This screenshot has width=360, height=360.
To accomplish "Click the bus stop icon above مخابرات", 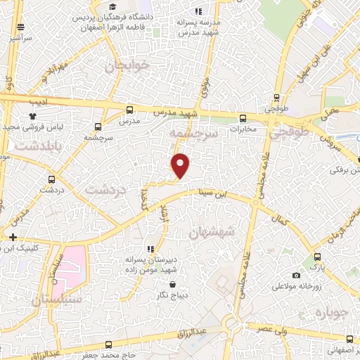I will pos(243,117).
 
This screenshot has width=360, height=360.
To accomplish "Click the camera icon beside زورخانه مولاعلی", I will pos(296,275).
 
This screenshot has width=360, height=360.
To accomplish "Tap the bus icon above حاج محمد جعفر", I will pos(108,345).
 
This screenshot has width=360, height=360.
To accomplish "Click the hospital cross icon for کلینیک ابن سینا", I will pos(12,236).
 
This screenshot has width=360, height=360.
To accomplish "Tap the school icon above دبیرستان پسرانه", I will pos(149,248).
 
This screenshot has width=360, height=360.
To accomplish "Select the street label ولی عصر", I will pos(273,330).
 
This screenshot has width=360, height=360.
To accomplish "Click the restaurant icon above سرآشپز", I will pos(21,27).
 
